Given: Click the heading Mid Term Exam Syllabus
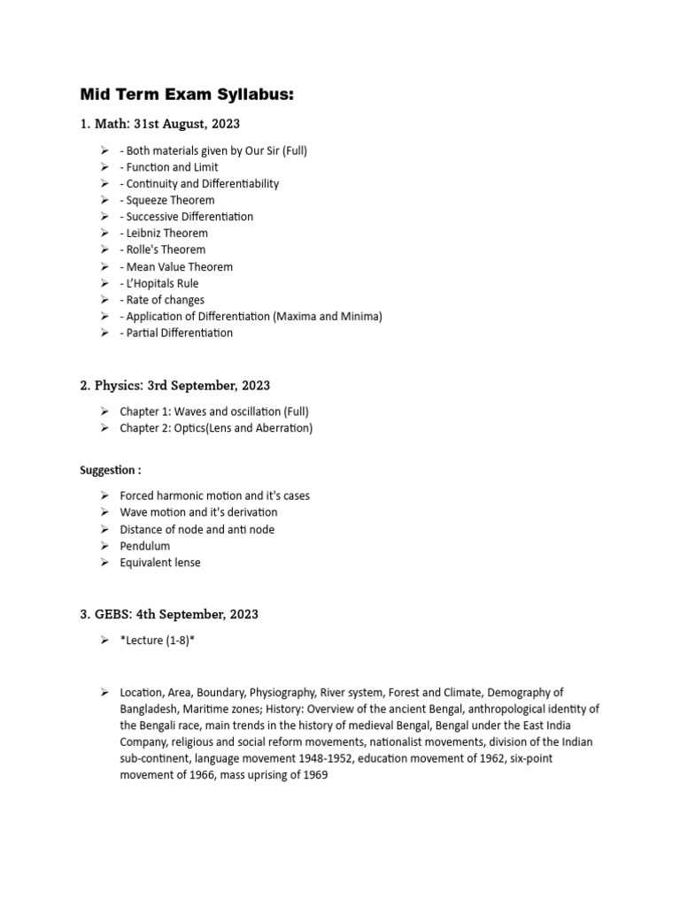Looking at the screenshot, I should point(186,94).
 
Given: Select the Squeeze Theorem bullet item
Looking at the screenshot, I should point(169,200).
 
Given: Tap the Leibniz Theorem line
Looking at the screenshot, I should point(166,234).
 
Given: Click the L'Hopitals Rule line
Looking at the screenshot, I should point(162,283).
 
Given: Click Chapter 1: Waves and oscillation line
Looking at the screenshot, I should point(214,411).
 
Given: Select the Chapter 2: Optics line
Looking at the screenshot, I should point(216,428).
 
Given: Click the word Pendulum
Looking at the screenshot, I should point(145,546).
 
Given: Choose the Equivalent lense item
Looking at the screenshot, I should point(160,563).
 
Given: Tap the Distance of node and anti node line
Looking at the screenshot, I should point(197,529).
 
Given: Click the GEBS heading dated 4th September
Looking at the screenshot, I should point(169,614).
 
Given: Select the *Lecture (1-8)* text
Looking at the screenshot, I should point(157,641).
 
